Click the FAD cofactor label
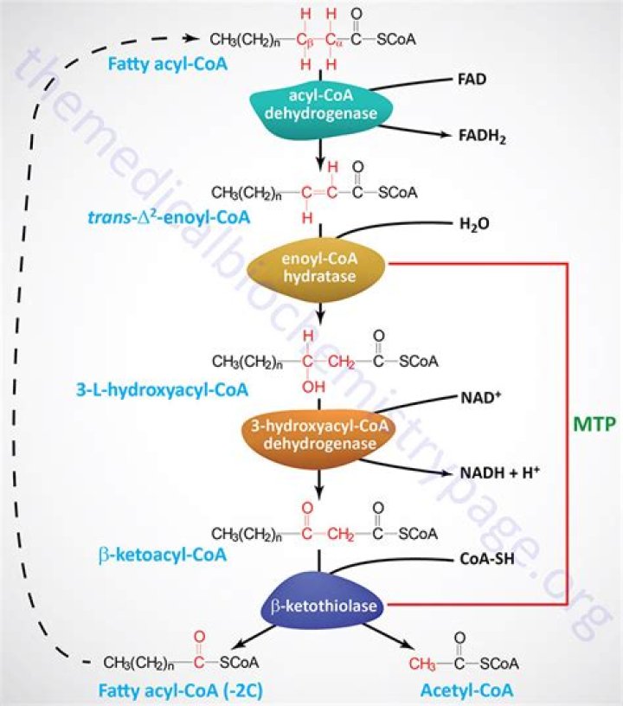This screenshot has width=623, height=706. (475, 80)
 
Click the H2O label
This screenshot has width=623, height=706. (476, 225)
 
